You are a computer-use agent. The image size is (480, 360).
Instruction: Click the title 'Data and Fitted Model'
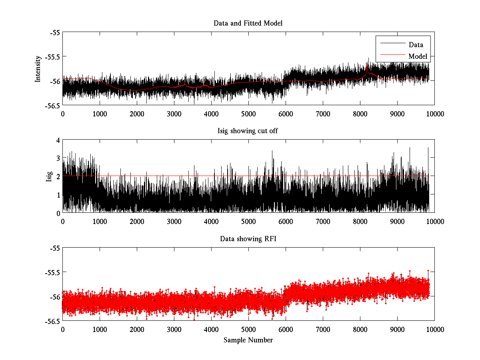point(248,23)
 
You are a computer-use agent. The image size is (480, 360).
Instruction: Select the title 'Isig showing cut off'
point(248,131)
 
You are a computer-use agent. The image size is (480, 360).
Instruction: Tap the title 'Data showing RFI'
point(248,239)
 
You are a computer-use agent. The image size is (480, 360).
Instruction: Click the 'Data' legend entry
point(416,45)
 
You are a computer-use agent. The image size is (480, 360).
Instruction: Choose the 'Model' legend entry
point(418,56)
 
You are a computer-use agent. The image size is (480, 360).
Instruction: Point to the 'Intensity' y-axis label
point(38,68)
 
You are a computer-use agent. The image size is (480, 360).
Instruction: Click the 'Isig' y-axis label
point(49,176)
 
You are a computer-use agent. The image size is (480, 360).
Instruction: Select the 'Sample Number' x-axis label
point(248,340)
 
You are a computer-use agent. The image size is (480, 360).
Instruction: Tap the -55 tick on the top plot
point(55,32)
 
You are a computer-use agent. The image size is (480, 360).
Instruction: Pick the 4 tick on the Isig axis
point(58,140)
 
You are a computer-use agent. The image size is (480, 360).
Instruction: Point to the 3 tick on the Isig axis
point(58,158)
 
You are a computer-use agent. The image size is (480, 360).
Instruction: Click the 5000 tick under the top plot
point(248,114)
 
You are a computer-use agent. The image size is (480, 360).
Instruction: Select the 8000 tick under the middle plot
point(360,222)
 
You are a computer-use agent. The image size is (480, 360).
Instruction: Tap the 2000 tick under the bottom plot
point(137,330)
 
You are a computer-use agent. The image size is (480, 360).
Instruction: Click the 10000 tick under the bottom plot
point(434,330)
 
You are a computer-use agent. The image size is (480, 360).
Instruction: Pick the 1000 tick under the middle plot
point(100,222)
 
